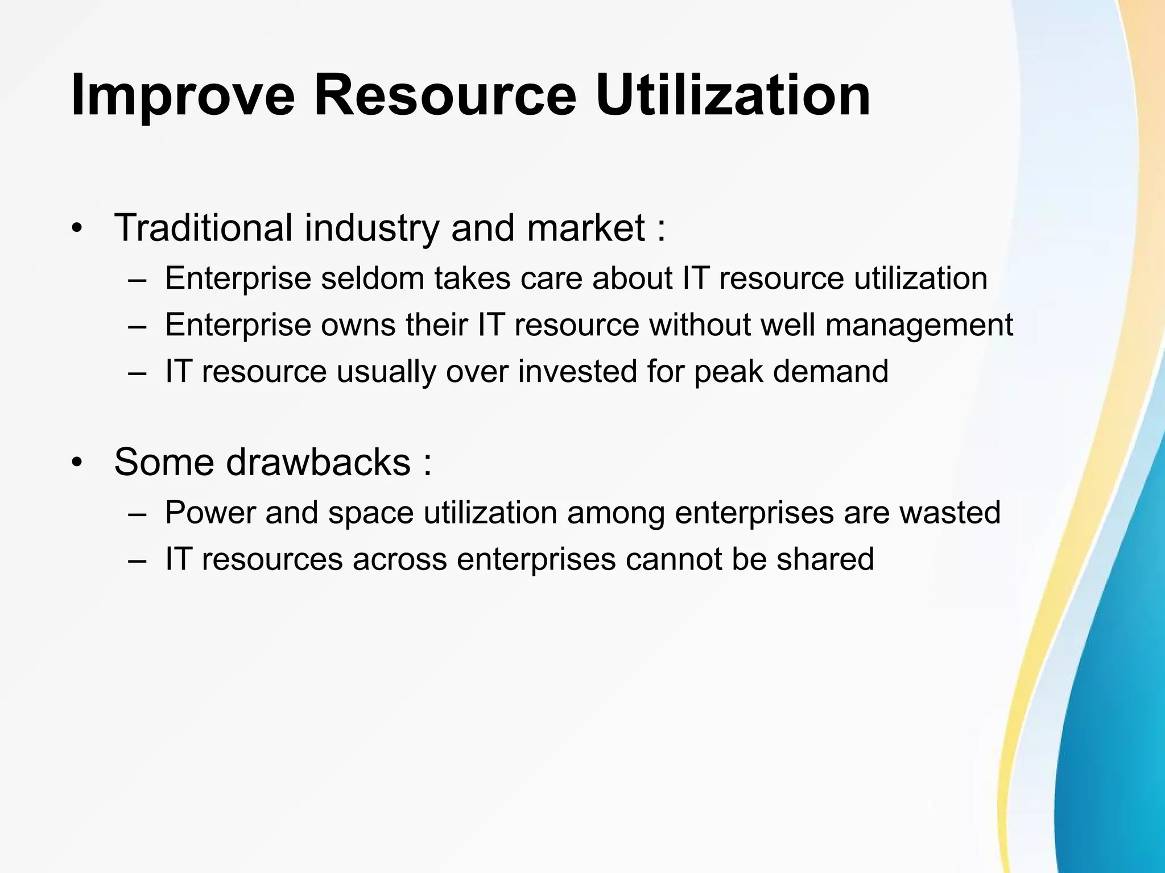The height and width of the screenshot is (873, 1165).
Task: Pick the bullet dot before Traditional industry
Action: pyautogui.click(x=77, y=230)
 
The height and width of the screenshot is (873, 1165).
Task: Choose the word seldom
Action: pyautogui.click(x=373, y=278)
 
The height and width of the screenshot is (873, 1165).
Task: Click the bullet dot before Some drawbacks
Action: pyautogui.click(x=77, y=463)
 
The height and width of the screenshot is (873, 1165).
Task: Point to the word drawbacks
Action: pyautogui.click(x=319, y=462)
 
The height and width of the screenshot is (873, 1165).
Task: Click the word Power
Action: pyautogui.click(x=210, y=513)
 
